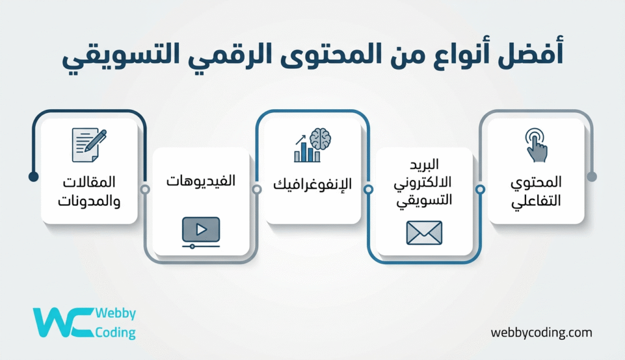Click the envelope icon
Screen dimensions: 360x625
[424, 232]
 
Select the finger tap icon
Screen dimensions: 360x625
[536, 145]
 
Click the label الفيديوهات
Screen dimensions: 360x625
[201, 182]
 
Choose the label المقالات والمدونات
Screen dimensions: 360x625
[89, 191]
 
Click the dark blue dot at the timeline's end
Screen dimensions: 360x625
[34, 177]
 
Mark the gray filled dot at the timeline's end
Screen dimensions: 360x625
[591, 177]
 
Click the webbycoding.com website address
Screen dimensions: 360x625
[541, 333]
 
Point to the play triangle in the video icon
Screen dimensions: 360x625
[201, 229]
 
